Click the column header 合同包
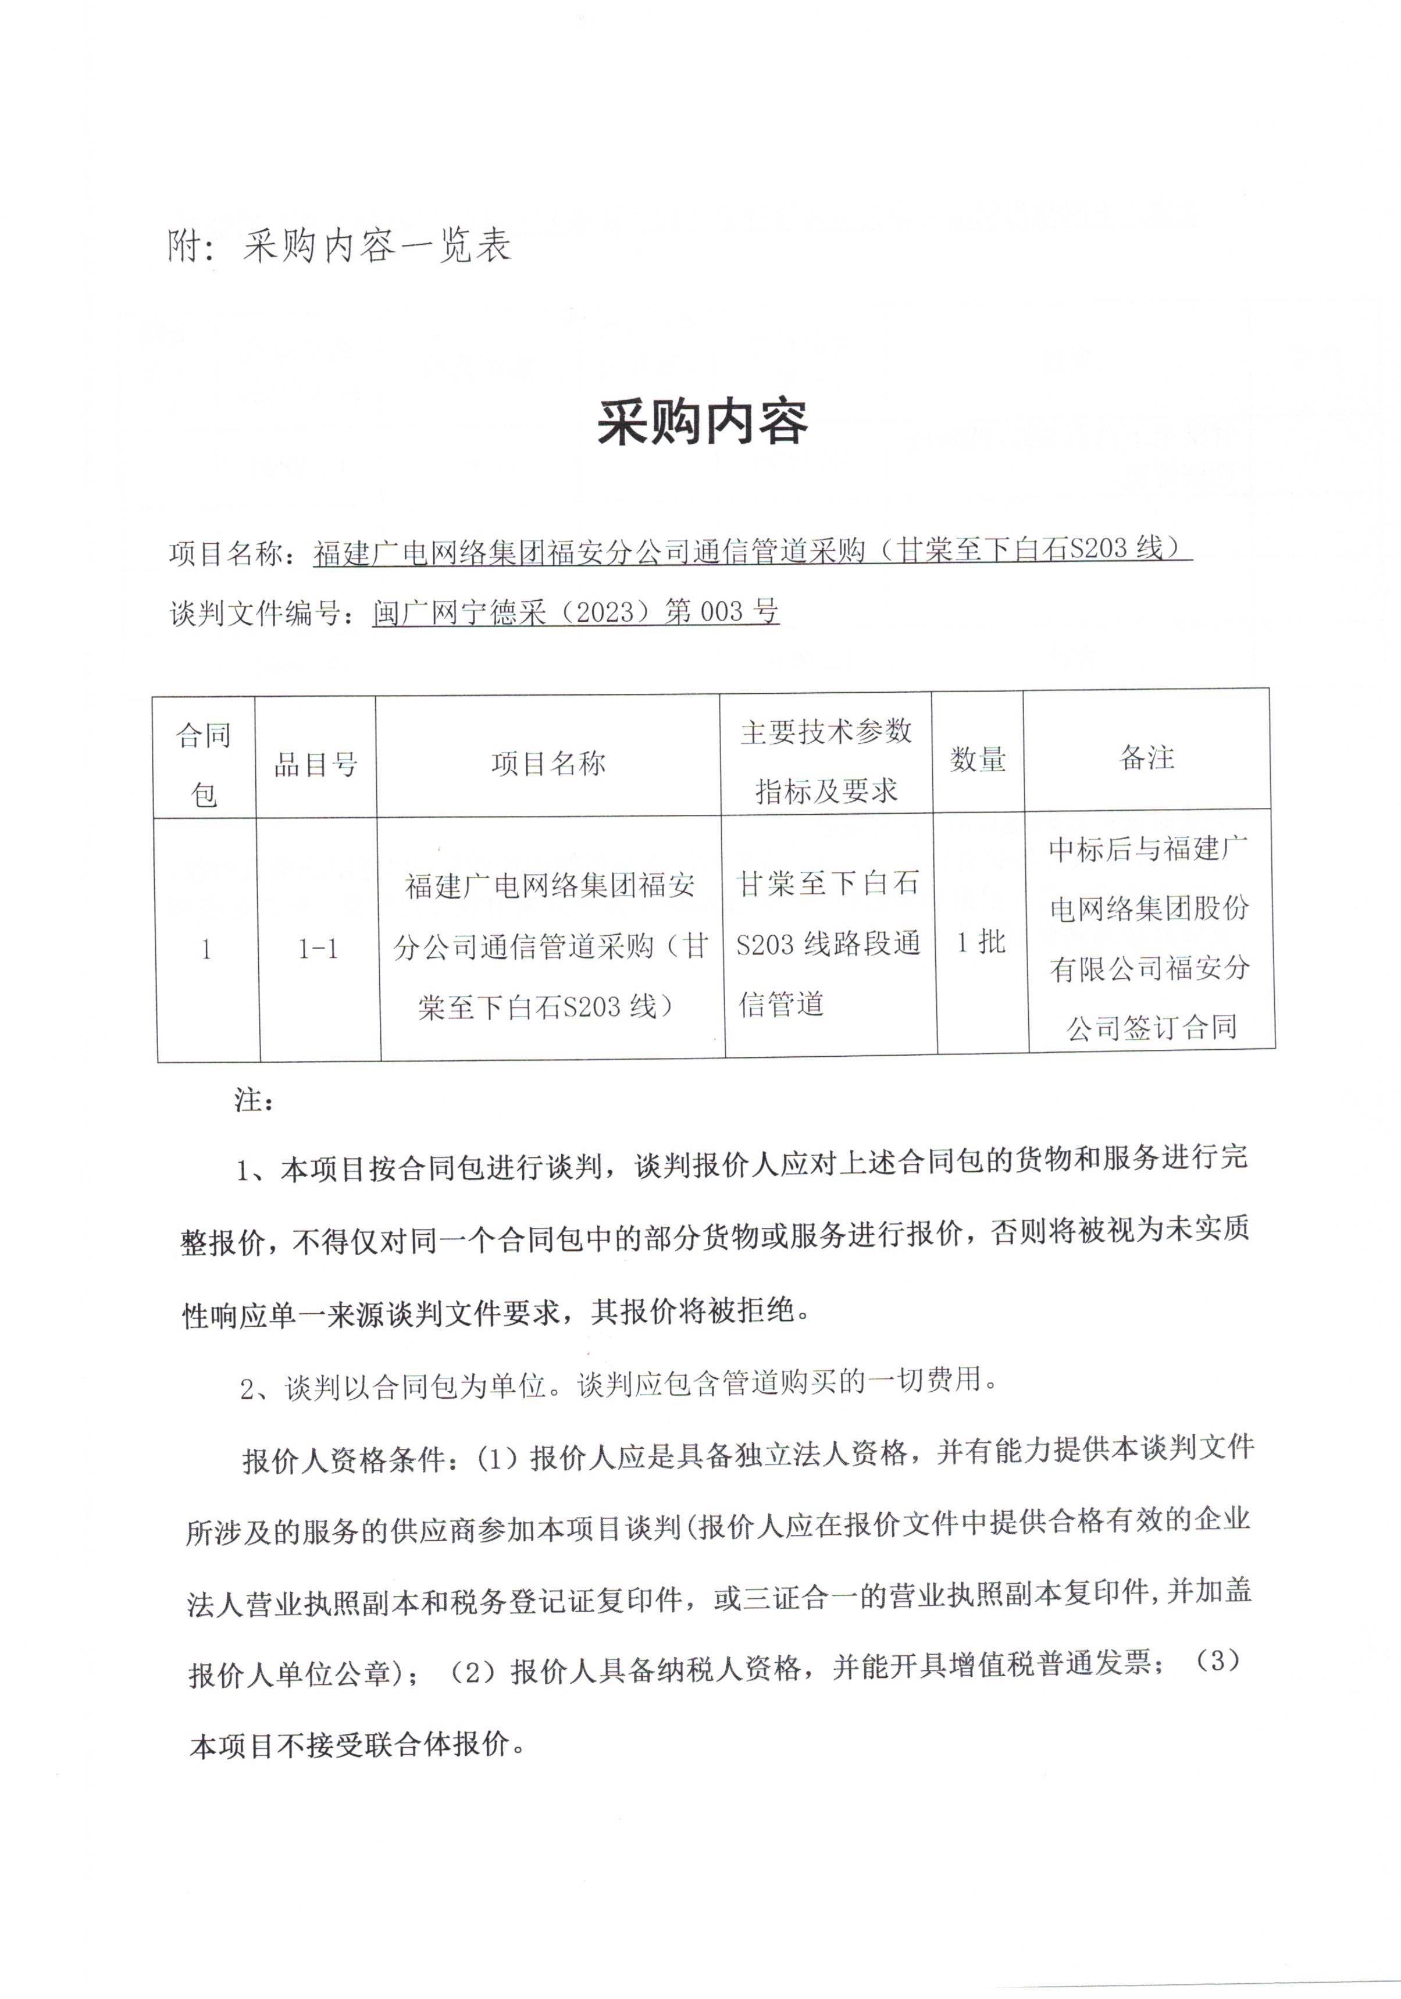205,764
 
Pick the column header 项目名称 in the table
548,764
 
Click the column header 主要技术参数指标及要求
825,760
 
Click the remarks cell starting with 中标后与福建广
1149,939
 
